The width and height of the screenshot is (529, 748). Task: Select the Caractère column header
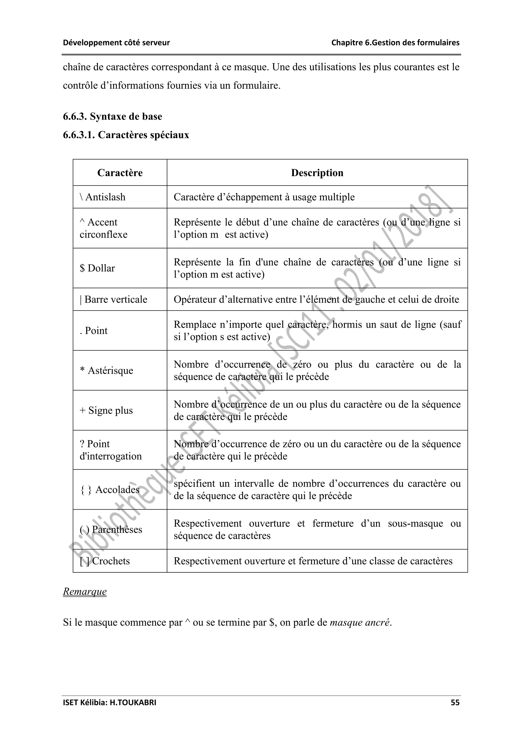coord(120,173)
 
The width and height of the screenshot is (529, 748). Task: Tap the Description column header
coord(317,173)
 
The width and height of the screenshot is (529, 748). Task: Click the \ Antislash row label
coord(103,197)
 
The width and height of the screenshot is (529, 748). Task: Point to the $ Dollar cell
coord(97,268)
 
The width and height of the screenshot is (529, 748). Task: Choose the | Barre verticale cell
coord(114,299)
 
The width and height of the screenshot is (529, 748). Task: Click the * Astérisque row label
coord(106,370)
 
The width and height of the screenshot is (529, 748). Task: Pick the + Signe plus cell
coord(106,410)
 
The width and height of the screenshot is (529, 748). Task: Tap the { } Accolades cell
coord(110,489)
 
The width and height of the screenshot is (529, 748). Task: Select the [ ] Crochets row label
coord(105,561)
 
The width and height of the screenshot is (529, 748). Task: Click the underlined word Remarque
coord(85,591)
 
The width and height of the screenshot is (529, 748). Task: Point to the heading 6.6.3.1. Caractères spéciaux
coord(126,135)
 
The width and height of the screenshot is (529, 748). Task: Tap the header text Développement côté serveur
coord(116,43)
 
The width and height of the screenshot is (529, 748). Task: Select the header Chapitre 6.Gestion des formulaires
coord(395,43)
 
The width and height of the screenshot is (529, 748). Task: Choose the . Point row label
coord(94,331)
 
